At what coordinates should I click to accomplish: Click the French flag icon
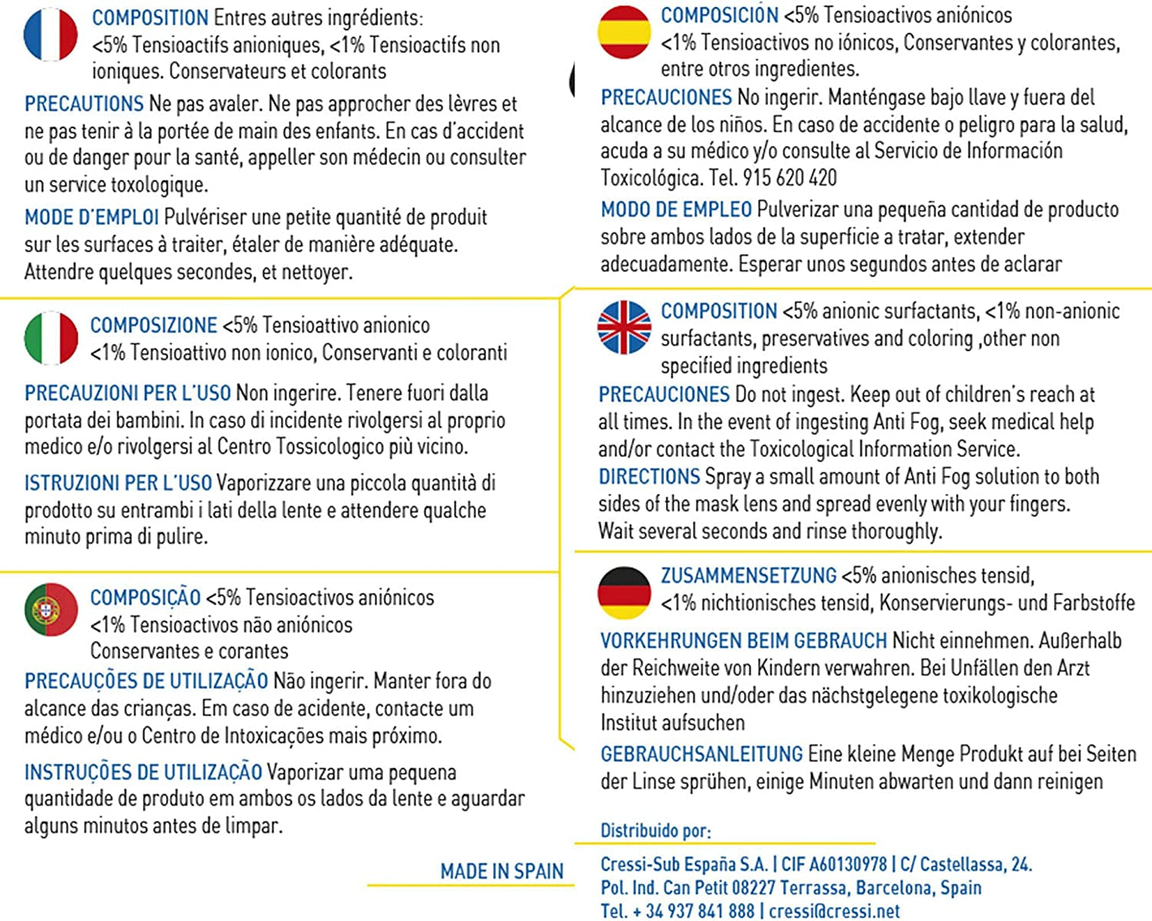[x=51, y=35]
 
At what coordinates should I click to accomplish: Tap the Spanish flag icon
[x=624, y=32]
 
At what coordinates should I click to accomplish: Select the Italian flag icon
[x=51, y=338]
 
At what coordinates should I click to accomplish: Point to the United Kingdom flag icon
[x=624, y=327]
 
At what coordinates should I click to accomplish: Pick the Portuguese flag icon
[x=51, y=610]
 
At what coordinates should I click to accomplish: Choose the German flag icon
[x=624, y=592]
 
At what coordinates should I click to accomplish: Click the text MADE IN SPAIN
[x=502, y=871]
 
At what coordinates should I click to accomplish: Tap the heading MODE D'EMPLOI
[x=91, y=217]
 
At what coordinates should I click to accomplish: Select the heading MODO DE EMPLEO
[x=676, y=209]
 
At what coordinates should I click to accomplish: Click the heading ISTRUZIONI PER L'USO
[x=118, y=483]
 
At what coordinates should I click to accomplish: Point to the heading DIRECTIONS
[x=649, y=476]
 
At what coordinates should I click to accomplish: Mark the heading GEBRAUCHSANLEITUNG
[x=701, y=754]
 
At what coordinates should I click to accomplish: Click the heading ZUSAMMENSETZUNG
[x=748, y=575]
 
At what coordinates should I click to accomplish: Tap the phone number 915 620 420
[x=790, y=178]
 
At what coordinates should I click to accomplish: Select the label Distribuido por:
[x=655, y=830]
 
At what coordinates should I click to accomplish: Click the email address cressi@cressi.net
[x=834, y=911]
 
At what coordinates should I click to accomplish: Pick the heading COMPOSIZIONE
[x=154, y=326]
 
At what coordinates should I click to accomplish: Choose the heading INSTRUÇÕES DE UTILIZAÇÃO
[x=143, y=772]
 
